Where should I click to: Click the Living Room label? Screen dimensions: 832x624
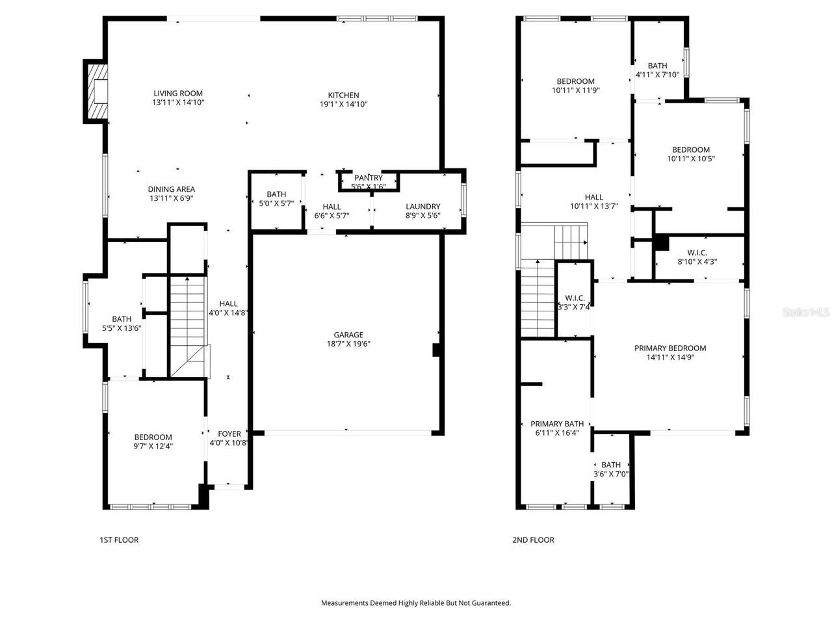177,93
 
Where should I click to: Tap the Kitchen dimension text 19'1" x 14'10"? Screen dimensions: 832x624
343,104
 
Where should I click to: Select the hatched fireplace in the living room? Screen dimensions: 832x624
97,91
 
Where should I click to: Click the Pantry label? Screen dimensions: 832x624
368,177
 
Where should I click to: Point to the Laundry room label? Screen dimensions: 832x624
422,207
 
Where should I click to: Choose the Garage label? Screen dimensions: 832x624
348,335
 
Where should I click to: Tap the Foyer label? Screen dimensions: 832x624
229,434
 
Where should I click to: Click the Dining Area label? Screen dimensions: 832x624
172,189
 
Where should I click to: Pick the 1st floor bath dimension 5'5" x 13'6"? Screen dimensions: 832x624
122,328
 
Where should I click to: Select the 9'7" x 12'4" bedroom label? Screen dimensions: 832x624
153,441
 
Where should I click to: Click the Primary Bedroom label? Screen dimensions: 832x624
669,348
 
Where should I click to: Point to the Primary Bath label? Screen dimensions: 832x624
556,424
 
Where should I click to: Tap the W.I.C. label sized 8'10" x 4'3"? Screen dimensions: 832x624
697,257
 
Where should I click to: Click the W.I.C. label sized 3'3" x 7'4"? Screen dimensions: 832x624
574,302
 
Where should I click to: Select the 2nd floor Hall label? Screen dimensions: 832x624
593,197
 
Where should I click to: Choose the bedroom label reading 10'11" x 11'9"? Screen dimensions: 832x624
575,86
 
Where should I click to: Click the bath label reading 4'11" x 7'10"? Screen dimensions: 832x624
657,70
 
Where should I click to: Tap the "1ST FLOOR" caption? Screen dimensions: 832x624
119,540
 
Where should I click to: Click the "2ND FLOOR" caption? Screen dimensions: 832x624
533,540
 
